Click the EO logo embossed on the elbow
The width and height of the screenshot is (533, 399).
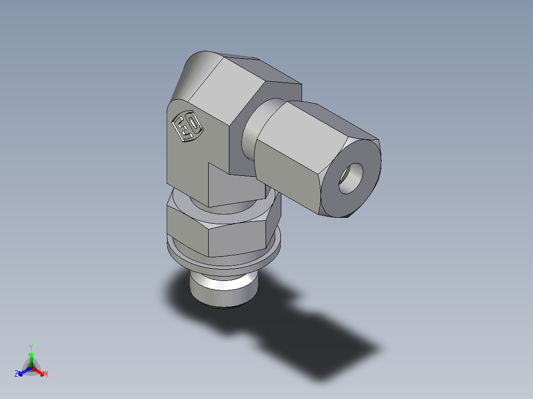point(187,126)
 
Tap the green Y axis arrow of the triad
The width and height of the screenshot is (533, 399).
point(31,357)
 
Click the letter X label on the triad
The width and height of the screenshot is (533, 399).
point(46,374)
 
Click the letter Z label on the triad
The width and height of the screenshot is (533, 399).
point(16,374)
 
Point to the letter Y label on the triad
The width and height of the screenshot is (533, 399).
point(31,347)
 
